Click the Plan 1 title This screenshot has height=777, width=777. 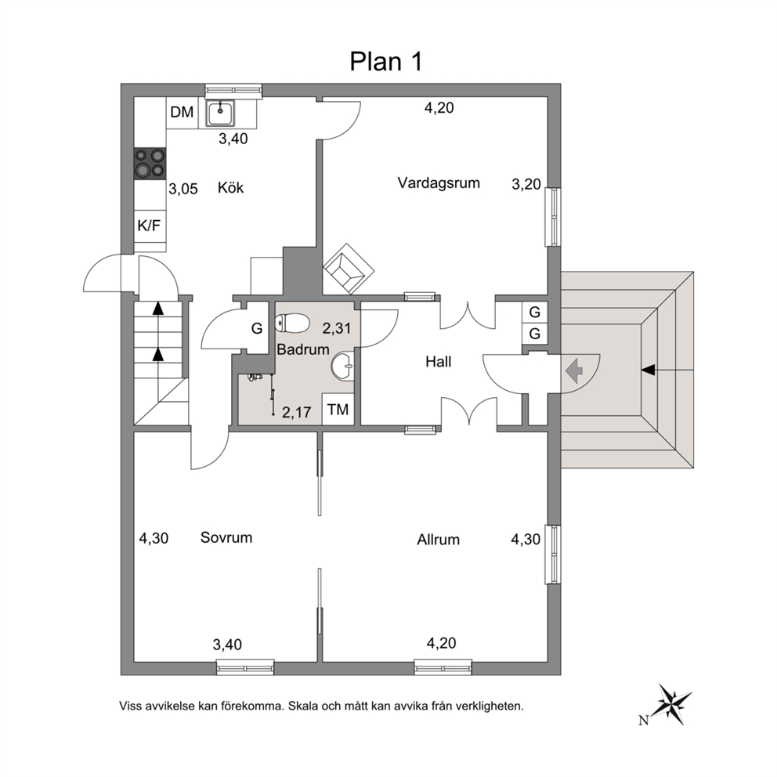tap(386, 61)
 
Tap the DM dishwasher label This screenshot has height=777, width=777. tap(182, 112)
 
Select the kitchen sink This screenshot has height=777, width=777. tap(221, 114)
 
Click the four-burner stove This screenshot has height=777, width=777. tap(150, 163)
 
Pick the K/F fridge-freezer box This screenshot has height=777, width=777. tap(149, 226)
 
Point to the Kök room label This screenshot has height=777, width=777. tap(231, 188)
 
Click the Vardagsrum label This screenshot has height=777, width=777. tap(439, 183)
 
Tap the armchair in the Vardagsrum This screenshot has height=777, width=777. tap(349, 269)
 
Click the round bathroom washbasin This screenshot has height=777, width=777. tap(342, 367)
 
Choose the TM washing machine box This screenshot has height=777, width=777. tap(338, 410)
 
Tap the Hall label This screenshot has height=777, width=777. tap(438, 362)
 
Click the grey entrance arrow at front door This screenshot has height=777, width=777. tap(573, 371)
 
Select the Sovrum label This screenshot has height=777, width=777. tap(226, 537)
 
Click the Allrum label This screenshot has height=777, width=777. tap(438, 539)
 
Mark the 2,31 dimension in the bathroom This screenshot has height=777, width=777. tap(337, 328)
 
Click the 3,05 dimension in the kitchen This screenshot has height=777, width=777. tap(183, 189)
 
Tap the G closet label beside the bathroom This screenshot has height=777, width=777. tap(257, 328)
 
